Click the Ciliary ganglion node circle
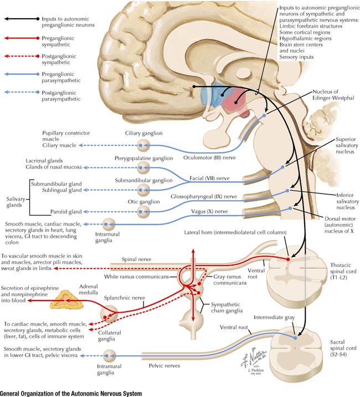(143, 145)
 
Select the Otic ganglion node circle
(143, 211)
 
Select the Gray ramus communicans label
(229, 279)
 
